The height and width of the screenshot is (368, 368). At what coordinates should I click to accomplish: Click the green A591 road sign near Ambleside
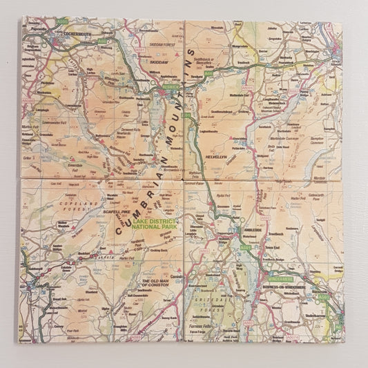[x=245, y=246]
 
